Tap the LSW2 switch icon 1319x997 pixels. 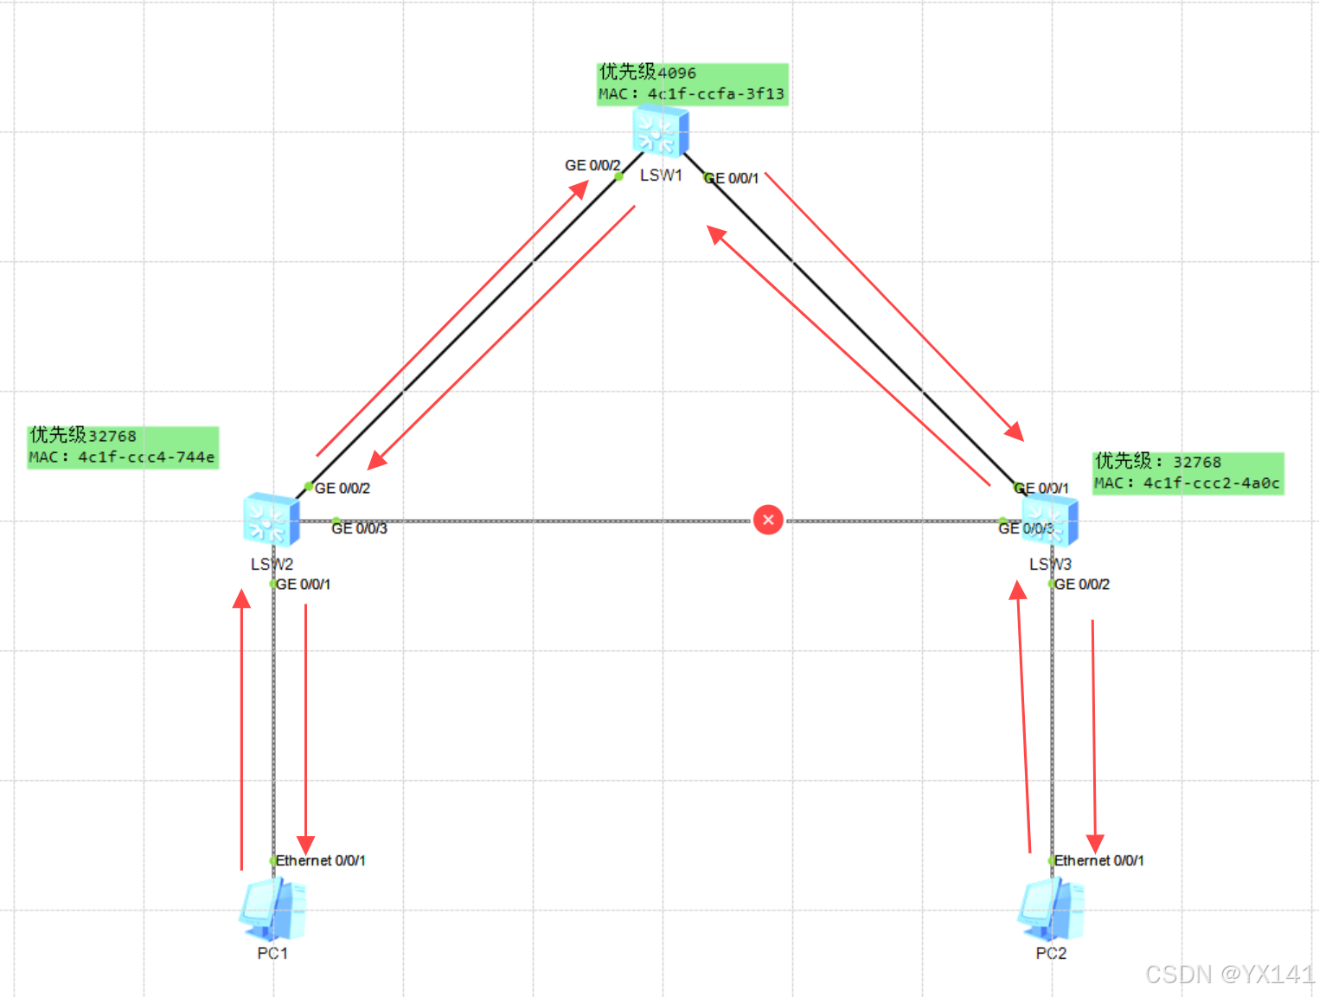coord(272,520)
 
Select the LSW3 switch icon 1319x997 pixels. coord(1050,520)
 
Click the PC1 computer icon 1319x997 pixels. coord(272,910)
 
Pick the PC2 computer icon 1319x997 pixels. coord(1051,910)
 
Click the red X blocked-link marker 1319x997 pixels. coord(768,520)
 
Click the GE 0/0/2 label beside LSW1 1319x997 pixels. coord(592,165)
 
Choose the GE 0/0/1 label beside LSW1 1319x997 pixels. coord(732,178)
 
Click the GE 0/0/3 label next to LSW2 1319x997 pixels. coord(360,528)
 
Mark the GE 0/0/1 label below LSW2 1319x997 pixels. coord(303,585)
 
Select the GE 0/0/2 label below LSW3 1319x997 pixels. coord(1082,585)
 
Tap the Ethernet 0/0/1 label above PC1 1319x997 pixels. coord(320,860)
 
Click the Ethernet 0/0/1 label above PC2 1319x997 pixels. coord(1098,860)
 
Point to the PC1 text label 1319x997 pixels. coord(272,953)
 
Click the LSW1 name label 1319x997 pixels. coord(661,176)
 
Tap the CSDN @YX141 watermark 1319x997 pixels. coord(1229,975)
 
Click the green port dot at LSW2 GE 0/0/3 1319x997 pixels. coord(336,521)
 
